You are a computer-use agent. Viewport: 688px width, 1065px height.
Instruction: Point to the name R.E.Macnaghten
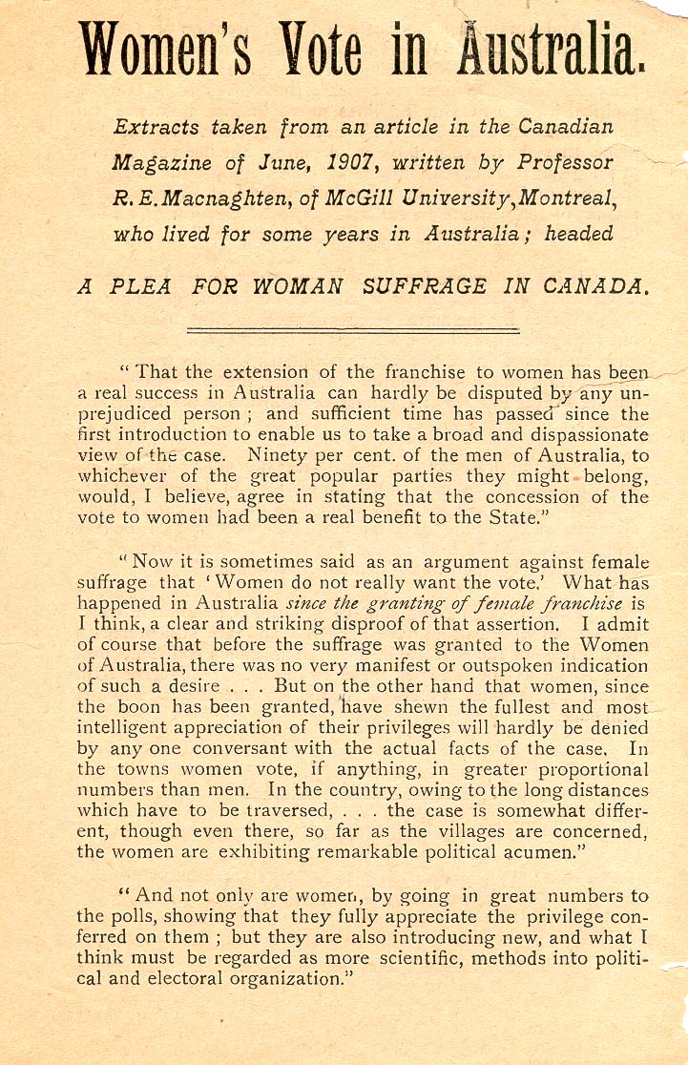(x=180, y=199)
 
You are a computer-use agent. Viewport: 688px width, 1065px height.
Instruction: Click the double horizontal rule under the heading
(x=353, y=330)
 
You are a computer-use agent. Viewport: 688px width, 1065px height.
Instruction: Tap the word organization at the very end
(x=291, y=979)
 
